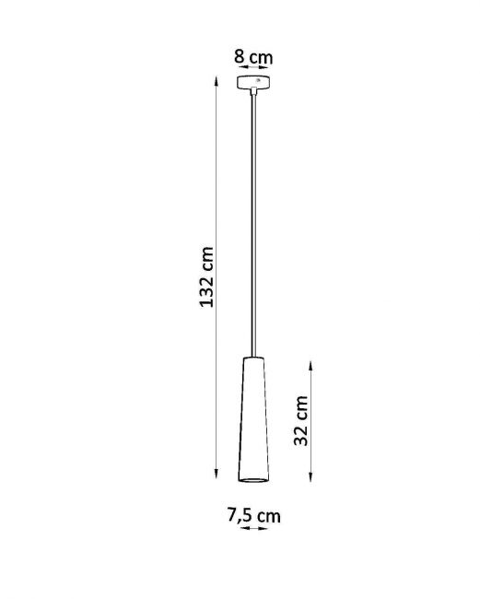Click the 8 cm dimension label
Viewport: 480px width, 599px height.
coord(253,57)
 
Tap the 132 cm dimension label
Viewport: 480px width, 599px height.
coord(206,277)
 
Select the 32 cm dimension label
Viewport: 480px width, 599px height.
coord(301,420)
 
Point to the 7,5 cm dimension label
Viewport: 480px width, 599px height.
coord(254,515)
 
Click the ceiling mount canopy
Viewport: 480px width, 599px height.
coord(253,82)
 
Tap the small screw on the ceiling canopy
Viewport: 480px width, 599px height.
coord(258,80)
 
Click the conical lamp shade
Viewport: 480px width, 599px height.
coord(253,419)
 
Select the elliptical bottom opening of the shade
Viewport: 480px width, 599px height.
coord(253,479)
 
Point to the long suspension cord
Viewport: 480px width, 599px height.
coord(253,226)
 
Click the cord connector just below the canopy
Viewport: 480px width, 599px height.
coord(253,91)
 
